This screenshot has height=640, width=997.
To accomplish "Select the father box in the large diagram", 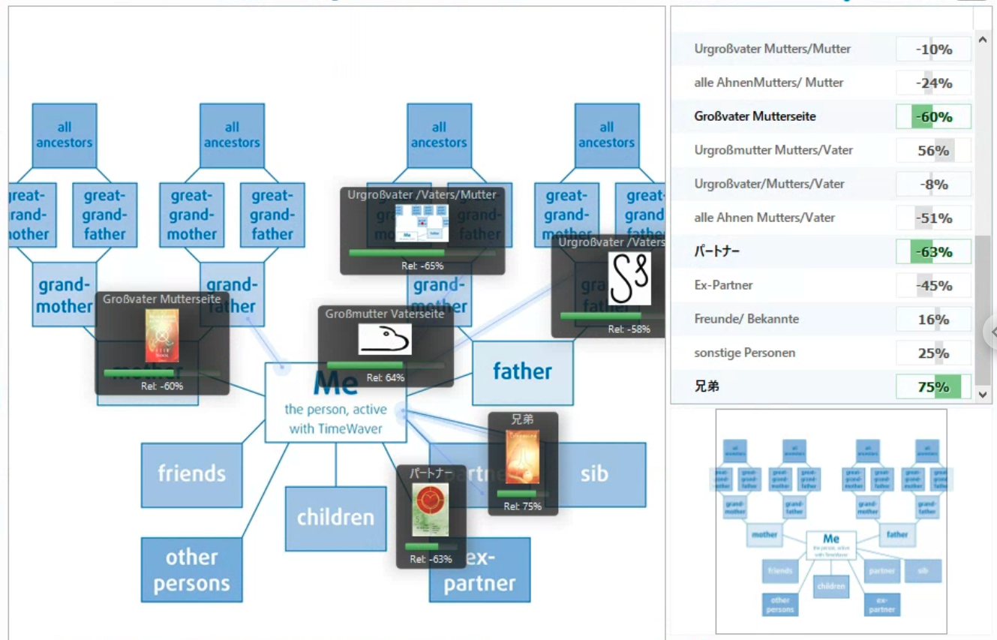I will [x=522, y=372].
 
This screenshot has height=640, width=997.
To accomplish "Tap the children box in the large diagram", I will [x=335, y=518].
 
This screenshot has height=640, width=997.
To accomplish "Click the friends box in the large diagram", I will [x=191, y=474].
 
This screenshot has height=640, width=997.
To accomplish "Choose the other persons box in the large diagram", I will [x=191, y=569].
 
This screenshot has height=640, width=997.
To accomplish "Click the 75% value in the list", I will [x=933, y=387].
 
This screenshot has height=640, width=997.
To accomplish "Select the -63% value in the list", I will [x=933, y=252].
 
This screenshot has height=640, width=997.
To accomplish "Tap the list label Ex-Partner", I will [x=723, y=285].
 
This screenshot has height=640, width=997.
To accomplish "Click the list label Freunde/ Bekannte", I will [x=746, y=319].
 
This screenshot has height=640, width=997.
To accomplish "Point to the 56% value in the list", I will [x=933, y=150].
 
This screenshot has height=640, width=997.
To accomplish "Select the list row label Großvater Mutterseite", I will [x=755, y=116].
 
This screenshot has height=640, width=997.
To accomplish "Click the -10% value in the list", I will [x=933, y=50].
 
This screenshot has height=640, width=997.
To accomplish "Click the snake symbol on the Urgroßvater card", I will [x=629, y=278].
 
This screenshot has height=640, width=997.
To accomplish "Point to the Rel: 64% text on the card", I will [x=385, y=378].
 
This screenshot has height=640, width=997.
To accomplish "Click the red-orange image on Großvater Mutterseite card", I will [x=162, y=335].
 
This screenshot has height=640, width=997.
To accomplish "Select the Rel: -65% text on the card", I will [x=422, y=266].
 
